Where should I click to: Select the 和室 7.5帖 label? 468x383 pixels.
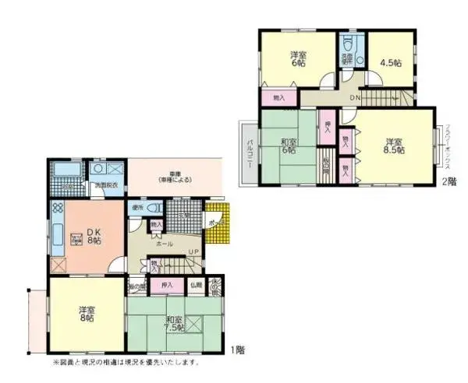(x=174, y=323)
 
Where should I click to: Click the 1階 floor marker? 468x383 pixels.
(x=239, y=350)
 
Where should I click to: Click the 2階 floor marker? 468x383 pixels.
(x=448, y=181)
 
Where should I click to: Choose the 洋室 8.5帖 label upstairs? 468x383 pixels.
(x=393, y=146)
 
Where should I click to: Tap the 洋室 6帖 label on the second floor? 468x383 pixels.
(x=297, y=58)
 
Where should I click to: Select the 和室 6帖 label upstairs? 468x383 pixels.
(x=288, y=146)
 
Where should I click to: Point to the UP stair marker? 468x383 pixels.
(x=192, y=252)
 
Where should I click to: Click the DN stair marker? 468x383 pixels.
(x=354, y=97)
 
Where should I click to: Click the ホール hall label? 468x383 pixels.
(x=164, y=244)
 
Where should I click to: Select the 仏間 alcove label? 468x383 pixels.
(x=195, y=286)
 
